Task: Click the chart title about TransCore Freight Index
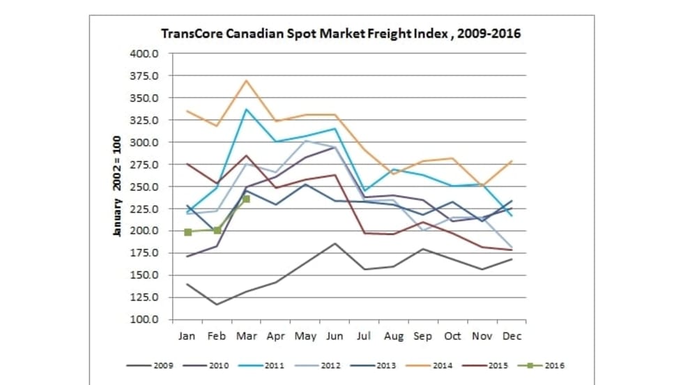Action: [x=341, y=33]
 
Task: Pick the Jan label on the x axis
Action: [x=187, y=336]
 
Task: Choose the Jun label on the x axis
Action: [x=335, y=336]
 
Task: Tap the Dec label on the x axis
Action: [x=512, y=336]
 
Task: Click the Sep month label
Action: [x=423, y=336]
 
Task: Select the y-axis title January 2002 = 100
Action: [x=118, y=186]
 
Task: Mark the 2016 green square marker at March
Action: [x=246, y=199]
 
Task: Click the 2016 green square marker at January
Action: [x=188, y=232]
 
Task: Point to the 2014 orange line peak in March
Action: [x=246, y=80]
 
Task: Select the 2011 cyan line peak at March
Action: [x=246, y=109]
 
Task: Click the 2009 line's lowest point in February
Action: [x=217, y=304]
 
